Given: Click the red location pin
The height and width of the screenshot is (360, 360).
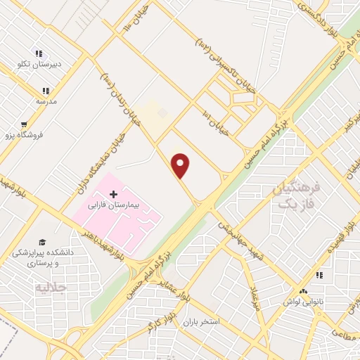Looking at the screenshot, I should click(x=181, y=166).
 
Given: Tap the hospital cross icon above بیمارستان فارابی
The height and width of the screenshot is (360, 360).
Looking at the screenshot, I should click(x=113, y=193).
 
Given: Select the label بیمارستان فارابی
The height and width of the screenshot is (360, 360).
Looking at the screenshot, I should click(x=113, y=207).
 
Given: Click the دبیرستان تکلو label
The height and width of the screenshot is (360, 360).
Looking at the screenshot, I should click(x=40, y=64).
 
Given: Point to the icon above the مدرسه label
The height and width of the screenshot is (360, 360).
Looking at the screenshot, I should click(x=46, y=91).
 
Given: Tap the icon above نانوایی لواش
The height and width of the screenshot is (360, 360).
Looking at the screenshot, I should click(x=304, y=292).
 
